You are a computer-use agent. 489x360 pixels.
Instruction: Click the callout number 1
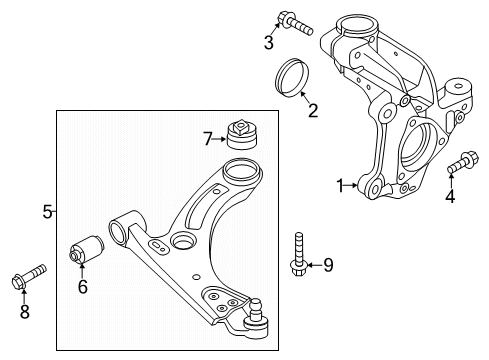click(339, 184)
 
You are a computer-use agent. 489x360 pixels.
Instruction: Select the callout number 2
click(312, 110)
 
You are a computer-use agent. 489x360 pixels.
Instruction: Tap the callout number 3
click(268, 41)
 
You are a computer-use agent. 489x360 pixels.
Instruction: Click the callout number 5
click(47, 211)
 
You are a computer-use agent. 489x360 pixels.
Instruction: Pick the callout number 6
click(83, 288)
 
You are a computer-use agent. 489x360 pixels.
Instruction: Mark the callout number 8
click(25, 312)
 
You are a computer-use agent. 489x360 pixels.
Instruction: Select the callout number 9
click(326, 264)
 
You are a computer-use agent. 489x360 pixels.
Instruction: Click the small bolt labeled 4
click(463, 162)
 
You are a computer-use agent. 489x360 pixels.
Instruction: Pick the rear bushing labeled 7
click(240, 134)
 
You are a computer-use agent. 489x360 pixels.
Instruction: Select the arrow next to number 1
click(352, 184)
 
